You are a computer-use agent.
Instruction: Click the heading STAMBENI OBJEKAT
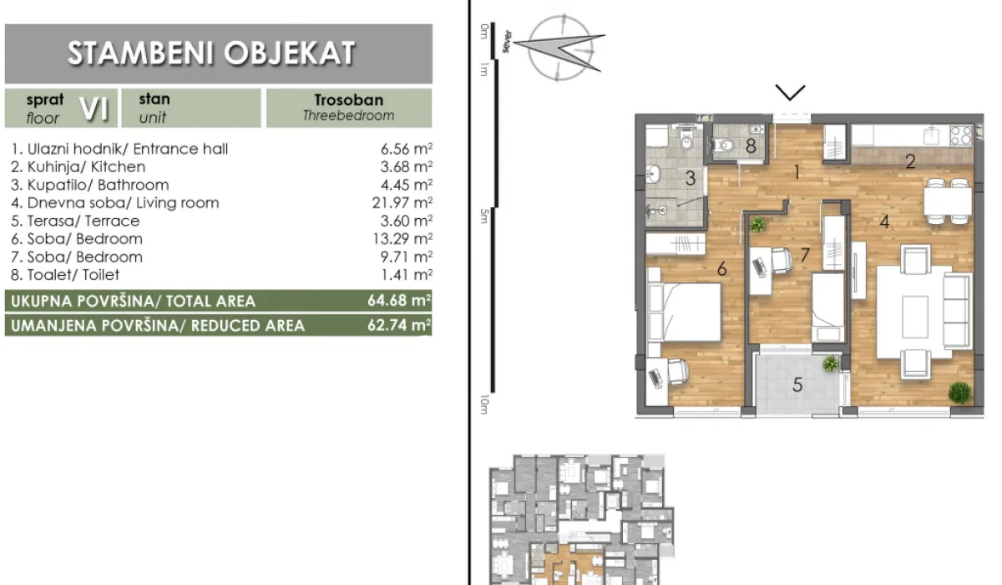[x=211, y=53]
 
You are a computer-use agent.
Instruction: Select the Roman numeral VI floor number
[x=93, y=108]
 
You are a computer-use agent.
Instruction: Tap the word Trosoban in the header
[x=348, y=99]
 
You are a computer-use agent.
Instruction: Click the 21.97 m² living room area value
[x=406, y=203]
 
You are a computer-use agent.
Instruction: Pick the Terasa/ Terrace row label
[x=76, y=221]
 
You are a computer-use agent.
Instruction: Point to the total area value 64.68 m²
[x=399, y=301]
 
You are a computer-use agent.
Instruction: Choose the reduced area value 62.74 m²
[x=399, y=325]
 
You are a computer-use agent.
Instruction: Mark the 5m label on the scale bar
[x=483, y=216]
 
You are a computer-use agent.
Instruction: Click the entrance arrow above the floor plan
[x=790, y=91]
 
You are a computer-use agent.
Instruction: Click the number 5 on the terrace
[x=797, y=385]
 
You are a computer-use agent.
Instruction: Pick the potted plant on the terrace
[x=829, y=364]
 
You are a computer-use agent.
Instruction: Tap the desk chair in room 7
[x=781, y=261]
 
